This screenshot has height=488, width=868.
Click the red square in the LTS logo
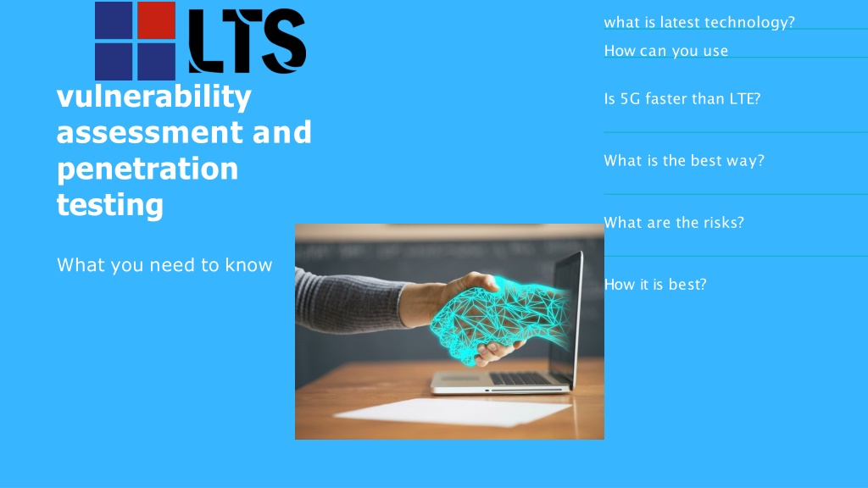pyautogui.click(x=156, y=20)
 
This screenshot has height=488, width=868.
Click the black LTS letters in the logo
pyautogui.click(x=247, y=41)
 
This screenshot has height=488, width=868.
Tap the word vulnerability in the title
pyautogui.click(x=154, y=97)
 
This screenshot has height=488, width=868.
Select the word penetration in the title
pyautogui.click(x=147, y=169)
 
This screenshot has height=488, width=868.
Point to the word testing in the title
pyautogui.click(x=110, y=205)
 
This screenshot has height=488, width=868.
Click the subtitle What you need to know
pyautogui.click(x=164, y=265)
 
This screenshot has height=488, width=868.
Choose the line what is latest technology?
pyautogui.click(x=699, y=23)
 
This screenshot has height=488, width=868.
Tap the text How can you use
pyautogui.click(x=666, y=51)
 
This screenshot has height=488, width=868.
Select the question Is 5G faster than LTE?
pyautogui.click(x=682, y=98)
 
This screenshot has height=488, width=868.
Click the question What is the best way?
pyautogui.click(x=684, y=160)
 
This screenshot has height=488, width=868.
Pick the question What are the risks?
pyautogui.click(x=674, y=223)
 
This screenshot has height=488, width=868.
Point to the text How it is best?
pyautogui.click(x=655, y=285)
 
